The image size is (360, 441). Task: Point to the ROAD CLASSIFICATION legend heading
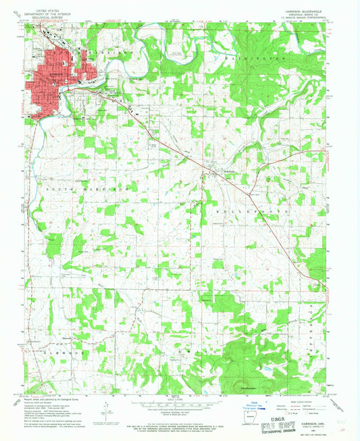pyautogui.click(x=301, y=398)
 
